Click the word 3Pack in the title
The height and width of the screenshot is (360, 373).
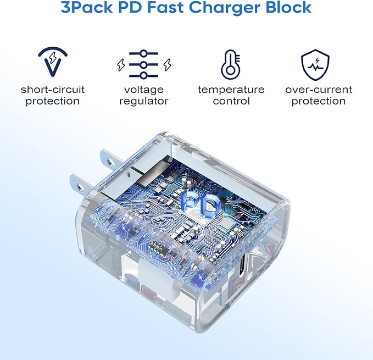click(x=87, y=7)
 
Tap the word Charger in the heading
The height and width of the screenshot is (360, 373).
click(x=225, y=8)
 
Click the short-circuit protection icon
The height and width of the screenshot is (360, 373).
click(x=53, y=62)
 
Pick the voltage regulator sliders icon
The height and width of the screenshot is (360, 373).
click(x=144, y=64)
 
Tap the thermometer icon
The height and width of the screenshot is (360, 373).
click(x=231, y=64)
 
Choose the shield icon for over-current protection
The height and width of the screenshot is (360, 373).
click(x=315, y=64)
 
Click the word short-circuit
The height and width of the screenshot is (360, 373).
click(x=53, y=90)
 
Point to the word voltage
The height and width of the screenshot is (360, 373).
click(x=144, y=90)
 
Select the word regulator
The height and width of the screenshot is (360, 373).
click(x=144, y=102)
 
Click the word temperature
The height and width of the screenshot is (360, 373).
click(x=231, y=90)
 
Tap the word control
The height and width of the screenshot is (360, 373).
click(x=231, y=101)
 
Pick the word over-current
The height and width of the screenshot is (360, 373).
click(x=319, y=90)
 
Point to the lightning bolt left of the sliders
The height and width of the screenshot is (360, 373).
click(x=121, y=65)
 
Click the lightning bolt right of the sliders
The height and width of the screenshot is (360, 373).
click(x=167, y=65)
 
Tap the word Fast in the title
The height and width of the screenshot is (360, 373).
click(x=165, y=7)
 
